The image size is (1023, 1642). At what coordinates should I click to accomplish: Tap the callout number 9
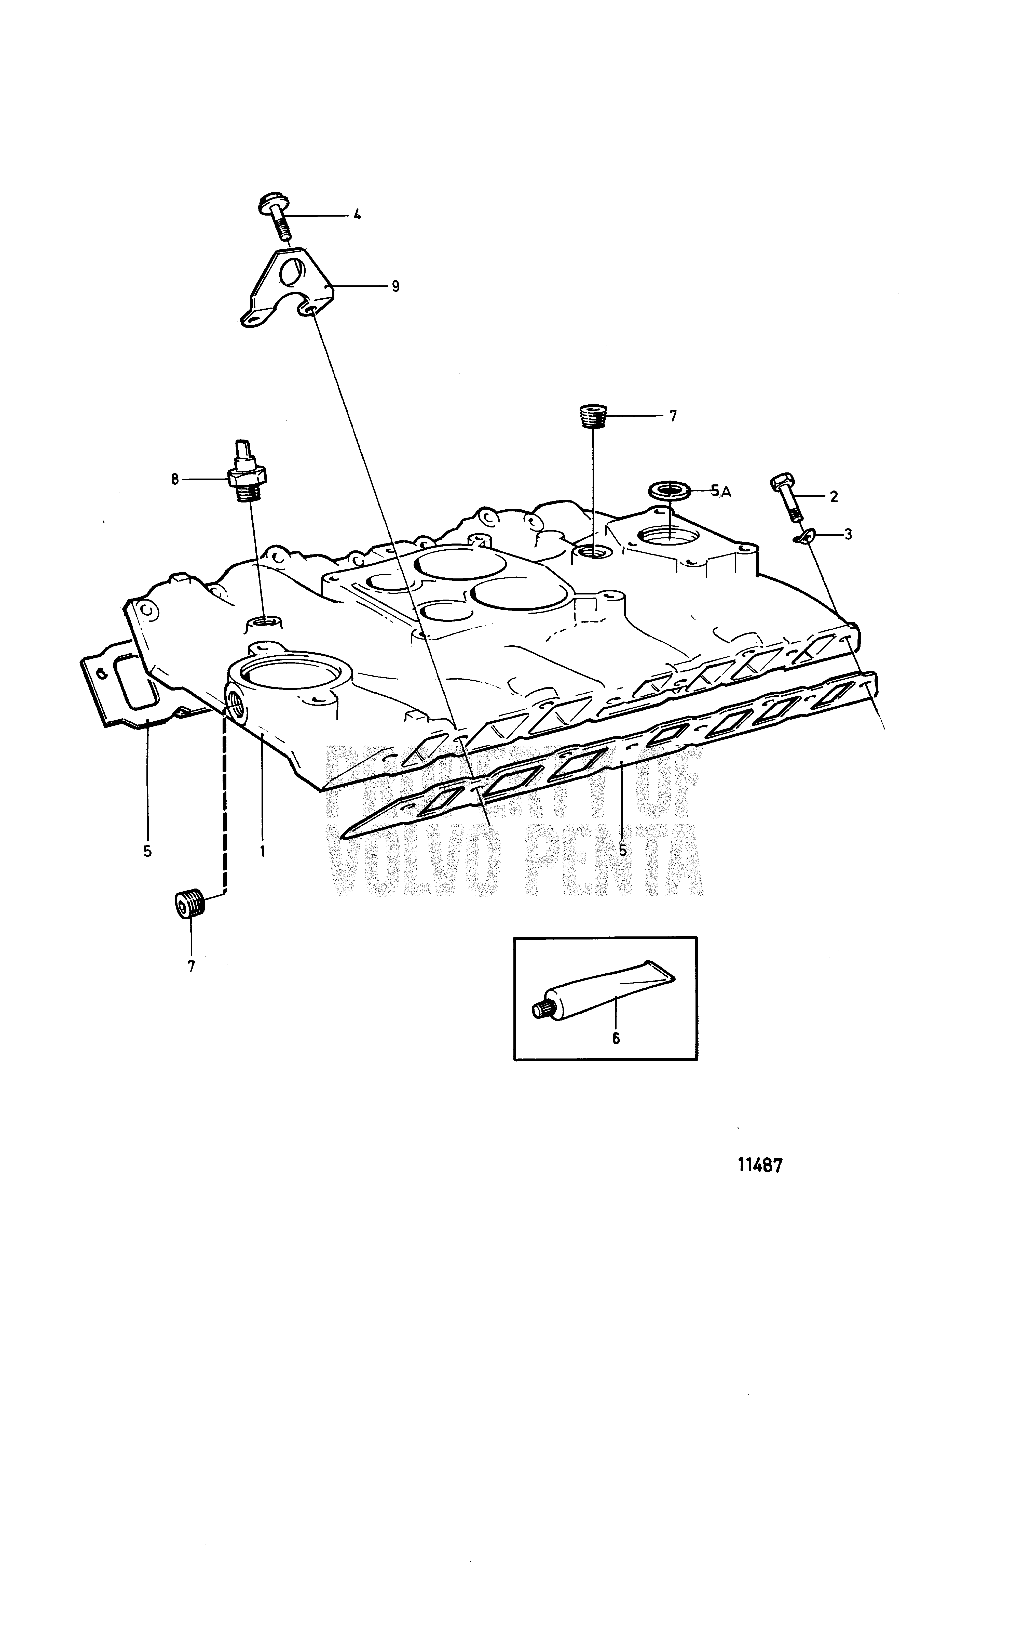click(395, 286)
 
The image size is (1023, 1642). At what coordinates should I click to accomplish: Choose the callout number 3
click(848, 534)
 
